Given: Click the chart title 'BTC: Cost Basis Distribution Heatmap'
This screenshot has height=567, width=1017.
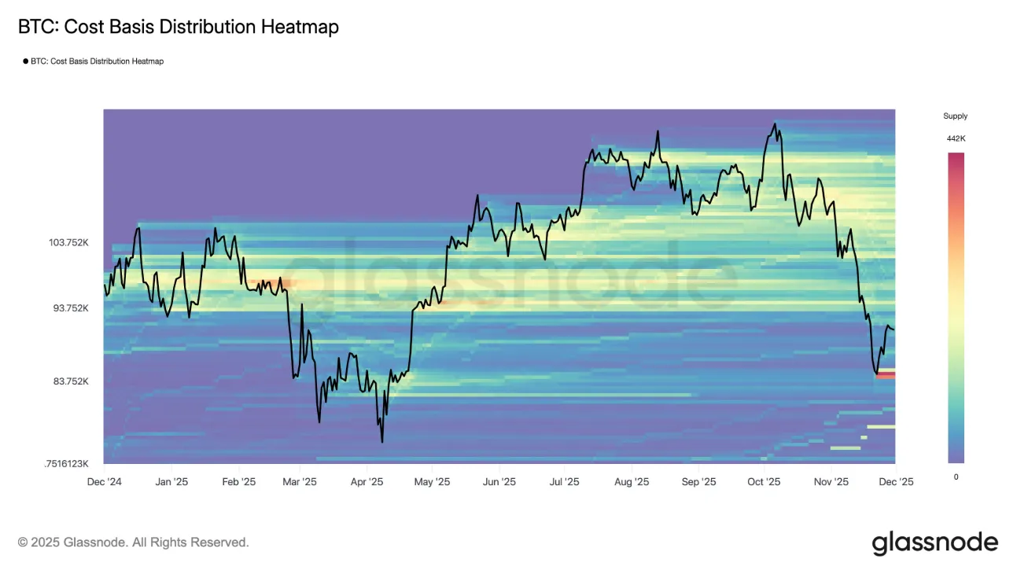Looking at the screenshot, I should (x=179, y=28).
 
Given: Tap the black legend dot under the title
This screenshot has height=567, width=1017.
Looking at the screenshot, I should (x=25, y=61).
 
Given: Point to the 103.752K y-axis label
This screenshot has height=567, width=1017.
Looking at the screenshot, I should (x=69, y=243).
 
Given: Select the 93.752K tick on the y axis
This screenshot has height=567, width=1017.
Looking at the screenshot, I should (x=71, y=308).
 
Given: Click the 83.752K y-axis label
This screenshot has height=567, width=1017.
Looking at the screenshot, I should (x=71, y=381).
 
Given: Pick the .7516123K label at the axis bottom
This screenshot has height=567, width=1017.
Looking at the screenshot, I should (x=66, y=464).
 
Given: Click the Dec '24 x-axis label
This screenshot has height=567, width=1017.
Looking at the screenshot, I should (x=104, y=482).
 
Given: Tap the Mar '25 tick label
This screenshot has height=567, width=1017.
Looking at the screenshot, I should (x=299, y=482).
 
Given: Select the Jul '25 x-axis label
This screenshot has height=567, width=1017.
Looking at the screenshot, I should (x=564, y=482).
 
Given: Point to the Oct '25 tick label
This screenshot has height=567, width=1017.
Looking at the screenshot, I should (x=763, y=482).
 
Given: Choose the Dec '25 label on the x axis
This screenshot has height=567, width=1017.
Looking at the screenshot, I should (x=896, y=482).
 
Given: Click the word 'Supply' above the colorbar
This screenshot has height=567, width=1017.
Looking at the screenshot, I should (x=955, y=116).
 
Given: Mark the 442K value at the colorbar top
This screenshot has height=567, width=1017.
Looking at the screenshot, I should (x=956, y=138).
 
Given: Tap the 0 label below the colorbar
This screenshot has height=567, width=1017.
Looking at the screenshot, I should (x=956, y=477).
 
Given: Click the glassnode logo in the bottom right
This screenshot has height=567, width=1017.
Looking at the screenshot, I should (x=934, y=543).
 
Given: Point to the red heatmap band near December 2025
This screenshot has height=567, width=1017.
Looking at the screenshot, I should (x=886, y=375).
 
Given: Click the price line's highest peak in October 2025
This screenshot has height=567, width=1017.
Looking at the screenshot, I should (x=775, y=123).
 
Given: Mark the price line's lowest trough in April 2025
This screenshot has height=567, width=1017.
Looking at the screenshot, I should (x=382, y=441).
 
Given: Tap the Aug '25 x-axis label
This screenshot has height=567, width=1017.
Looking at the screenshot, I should (x=631, y=482).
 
